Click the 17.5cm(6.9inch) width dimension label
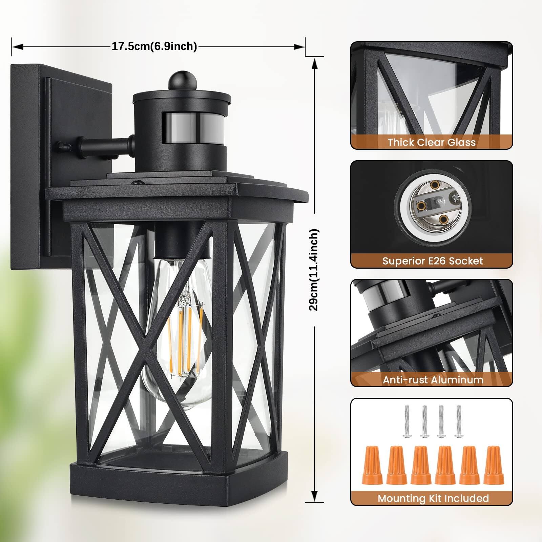[154, 46]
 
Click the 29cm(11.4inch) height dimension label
[314, 270]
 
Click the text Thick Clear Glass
[432, 142]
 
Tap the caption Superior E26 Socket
[433, 261]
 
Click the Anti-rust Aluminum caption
[433, 380]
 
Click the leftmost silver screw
[407, 422]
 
